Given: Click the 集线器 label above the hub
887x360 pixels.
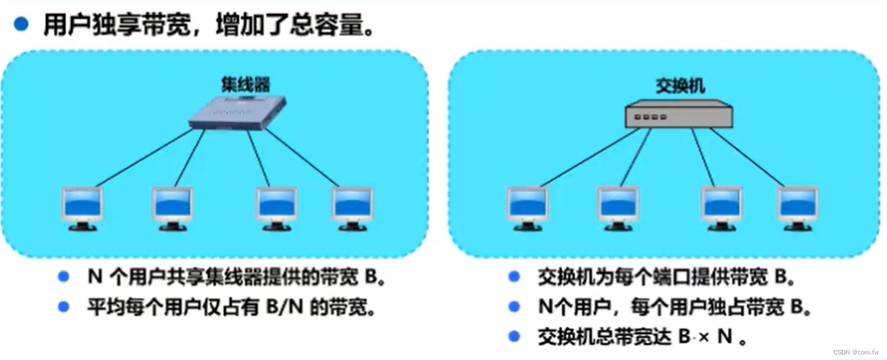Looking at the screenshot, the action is (246, 84).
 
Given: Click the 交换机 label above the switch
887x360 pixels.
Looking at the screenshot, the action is (680, 86).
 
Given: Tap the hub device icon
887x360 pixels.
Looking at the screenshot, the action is (238, 113).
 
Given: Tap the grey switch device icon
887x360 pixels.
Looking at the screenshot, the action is (679, 115).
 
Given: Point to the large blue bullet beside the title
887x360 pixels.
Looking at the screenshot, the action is (21, 24).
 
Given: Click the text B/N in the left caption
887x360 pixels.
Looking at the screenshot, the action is (285, 306).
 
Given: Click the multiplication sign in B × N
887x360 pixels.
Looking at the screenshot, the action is (704, 337).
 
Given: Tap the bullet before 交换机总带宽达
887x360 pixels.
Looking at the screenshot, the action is (514, 336).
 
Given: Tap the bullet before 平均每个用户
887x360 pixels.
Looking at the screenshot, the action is (64, 306).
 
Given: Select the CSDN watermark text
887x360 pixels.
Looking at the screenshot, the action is (856, 352).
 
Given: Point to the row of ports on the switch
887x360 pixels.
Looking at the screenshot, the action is (651, 117).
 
